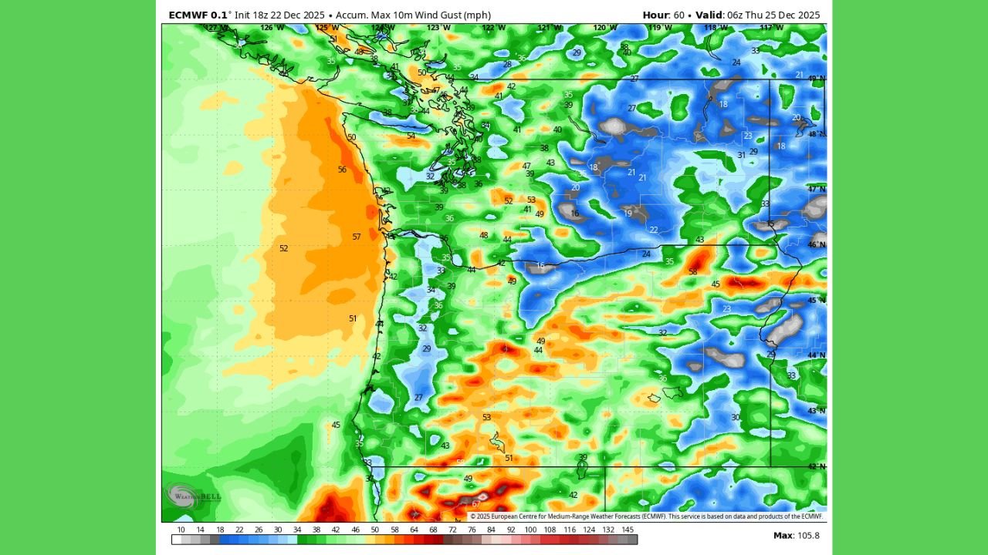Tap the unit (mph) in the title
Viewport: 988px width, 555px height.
(476, 15)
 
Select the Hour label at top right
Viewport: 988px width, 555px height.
(656, 15)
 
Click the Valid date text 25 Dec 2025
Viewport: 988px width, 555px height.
(794, 15)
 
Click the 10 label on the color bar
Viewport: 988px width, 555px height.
(181, 530)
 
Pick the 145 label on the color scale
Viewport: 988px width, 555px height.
(628, 530)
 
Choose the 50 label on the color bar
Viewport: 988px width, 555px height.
(375, 530)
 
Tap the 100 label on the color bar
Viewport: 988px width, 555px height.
(530, 530)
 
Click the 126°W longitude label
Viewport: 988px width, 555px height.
(272, 28)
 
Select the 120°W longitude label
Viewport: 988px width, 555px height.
(604, 28)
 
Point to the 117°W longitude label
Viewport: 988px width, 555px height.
(770, 28)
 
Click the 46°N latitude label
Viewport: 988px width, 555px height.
(816, 244)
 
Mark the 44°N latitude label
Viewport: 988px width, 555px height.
(816, 355)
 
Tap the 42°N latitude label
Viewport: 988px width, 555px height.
(816, 466)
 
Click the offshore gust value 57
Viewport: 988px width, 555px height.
(357, 237)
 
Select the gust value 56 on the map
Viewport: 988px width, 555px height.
(342, 170)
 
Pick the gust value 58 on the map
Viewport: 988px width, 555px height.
(692, 271)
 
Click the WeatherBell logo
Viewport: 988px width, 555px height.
(192, 496)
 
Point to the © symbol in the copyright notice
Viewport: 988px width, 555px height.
(473, 516)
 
